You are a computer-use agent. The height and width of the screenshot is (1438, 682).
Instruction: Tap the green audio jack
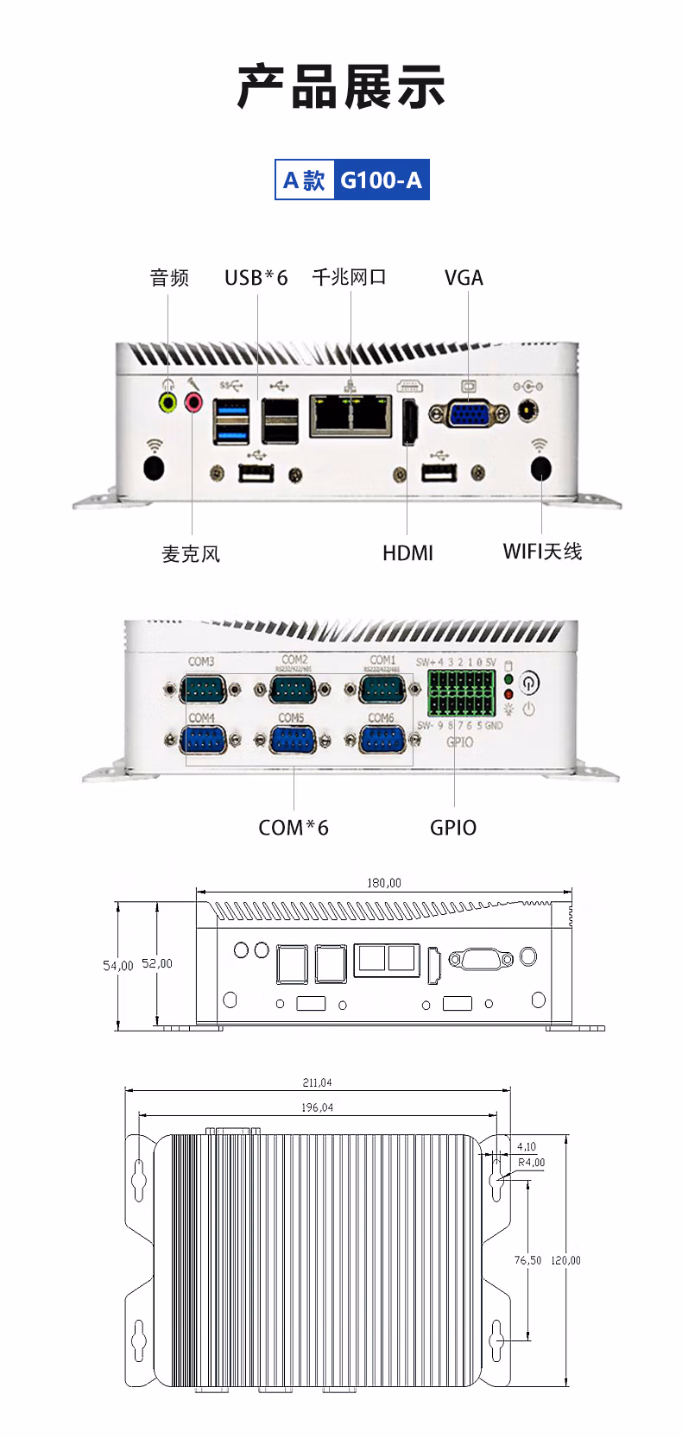168,401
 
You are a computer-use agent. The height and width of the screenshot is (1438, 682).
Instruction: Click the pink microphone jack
193,401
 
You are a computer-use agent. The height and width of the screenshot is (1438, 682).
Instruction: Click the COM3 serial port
202,690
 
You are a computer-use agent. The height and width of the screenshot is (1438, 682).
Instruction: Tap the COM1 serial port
382,690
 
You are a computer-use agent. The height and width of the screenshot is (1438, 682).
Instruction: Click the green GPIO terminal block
461,692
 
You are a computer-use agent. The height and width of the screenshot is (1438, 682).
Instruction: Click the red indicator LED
508,694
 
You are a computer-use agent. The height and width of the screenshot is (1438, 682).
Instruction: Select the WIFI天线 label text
542,552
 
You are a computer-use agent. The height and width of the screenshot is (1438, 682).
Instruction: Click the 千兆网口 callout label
349,277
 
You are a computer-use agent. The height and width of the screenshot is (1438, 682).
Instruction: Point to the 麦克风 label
191,554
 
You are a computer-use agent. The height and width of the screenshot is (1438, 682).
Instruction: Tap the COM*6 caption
294,828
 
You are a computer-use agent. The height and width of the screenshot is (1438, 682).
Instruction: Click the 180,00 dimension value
384,883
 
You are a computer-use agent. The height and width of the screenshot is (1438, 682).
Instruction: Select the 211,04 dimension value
317,1082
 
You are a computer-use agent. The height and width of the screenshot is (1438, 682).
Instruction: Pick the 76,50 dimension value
527,1260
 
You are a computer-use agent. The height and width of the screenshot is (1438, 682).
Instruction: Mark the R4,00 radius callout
532,1163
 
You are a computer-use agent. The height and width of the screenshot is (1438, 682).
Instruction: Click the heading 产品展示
341,87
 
